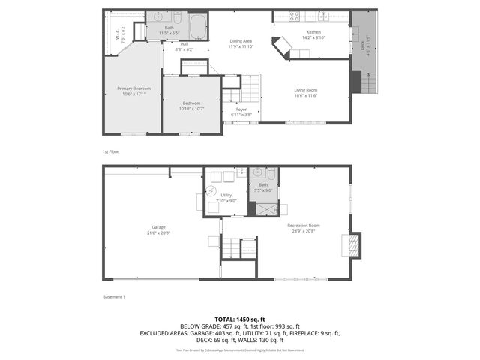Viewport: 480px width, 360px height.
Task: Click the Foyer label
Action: (x=241, y=109)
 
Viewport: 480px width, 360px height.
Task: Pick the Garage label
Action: (x=158, y=226)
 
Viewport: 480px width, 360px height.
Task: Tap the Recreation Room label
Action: (x=304, y=226)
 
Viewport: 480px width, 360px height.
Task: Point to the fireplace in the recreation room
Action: (x=352, y=245)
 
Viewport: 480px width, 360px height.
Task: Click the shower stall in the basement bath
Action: (x=263, y=208)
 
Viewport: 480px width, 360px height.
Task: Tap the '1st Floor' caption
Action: (x=110, y=151)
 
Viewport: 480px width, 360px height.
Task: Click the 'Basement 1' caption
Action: (x=114, y=297)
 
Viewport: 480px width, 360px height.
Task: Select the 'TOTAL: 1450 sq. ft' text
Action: (x=240, y=318)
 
